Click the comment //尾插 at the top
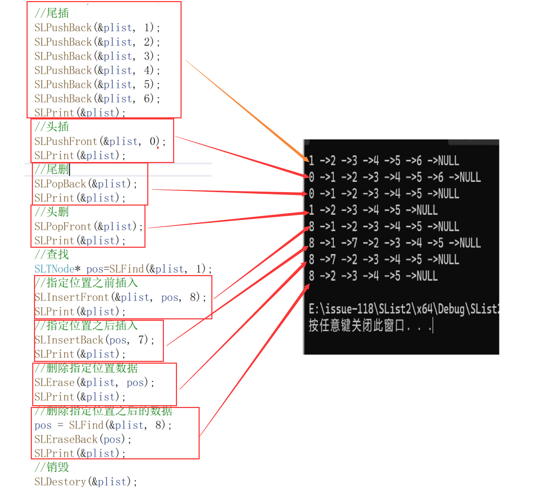click(52, 13)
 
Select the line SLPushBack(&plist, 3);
click(97, 56)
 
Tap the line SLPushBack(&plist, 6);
click(97, 99)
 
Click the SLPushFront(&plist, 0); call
click(100, 141)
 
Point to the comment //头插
click(52, 127)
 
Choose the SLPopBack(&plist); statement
click(85, 184)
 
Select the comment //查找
click(52, 255)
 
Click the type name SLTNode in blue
click(54, 269)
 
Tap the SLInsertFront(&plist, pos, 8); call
click(120, 297)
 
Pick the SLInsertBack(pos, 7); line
click(95, 340)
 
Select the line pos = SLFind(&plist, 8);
click(103, 425)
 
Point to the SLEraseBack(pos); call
click(83, 439)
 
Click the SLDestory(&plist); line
click(85, 482)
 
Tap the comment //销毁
click(52, 467)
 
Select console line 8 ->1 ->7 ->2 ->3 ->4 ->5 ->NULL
click(394, 243)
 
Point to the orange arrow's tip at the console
click(308, 161)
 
